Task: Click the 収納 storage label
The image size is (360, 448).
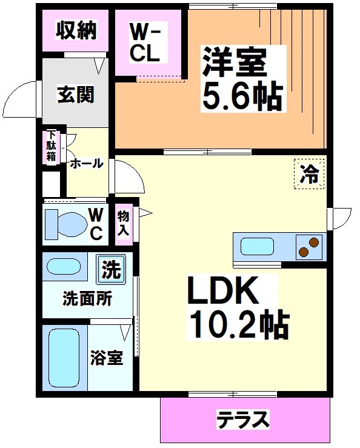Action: [x=76, y=31]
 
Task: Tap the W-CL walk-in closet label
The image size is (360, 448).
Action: [x=145, y=42]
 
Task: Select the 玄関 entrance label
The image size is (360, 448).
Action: [x=76, y=95]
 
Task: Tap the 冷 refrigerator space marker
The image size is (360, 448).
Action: [x=310, y=174]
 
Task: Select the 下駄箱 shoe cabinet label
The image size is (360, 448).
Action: [x=52, y=147]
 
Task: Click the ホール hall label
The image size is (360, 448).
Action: [x=85, y=164]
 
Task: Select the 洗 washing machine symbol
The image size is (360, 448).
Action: [x=111, y=269]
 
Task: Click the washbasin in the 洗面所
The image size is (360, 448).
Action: [x=64, y=267]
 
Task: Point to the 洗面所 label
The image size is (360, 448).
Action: [x=87, y=299]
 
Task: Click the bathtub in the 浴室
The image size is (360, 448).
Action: [x=64, y=358]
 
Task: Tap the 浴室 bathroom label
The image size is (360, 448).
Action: [x=107, y=358]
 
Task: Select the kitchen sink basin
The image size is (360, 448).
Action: [x=258, y=247]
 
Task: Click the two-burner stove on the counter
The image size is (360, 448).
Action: [x=308, y=247]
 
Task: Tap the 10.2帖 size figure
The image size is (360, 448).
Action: [x=238, y=324]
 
